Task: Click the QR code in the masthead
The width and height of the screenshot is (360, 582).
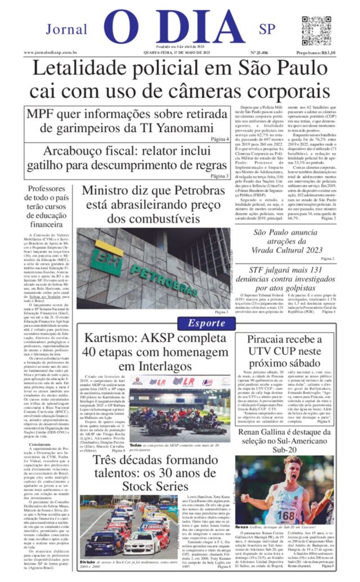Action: point(316,30)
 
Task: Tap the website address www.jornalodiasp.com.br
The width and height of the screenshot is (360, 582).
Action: point(50,53)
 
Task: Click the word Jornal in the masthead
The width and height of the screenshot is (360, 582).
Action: point(66,30)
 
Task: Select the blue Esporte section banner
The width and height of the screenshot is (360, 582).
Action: point(206,323)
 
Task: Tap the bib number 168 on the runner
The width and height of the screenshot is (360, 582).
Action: point(285,516)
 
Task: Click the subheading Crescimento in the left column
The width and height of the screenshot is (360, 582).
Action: point(40,445)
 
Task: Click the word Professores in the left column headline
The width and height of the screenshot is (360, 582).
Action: point(46,189)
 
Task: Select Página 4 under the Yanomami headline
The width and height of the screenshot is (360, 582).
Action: point(220,139)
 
